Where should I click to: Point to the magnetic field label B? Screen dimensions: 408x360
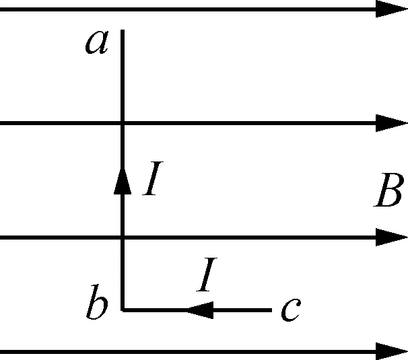point(388,193)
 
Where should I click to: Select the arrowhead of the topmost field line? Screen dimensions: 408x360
point(392,9)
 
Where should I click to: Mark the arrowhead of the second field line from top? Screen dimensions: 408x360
point(392,123)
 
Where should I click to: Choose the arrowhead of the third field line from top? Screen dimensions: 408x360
point(392,237)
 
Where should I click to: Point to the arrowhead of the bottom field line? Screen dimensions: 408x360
point(392,351)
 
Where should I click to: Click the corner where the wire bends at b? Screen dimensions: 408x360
point(122,310)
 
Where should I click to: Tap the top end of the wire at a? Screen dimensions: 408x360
point(122,31)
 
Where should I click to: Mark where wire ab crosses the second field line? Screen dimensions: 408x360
point(122,123)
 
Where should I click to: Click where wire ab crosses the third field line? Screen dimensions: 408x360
point(122,237)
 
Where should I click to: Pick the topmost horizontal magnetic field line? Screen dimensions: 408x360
point(202,9)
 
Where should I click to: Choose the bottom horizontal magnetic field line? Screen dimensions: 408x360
point(202,351)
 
